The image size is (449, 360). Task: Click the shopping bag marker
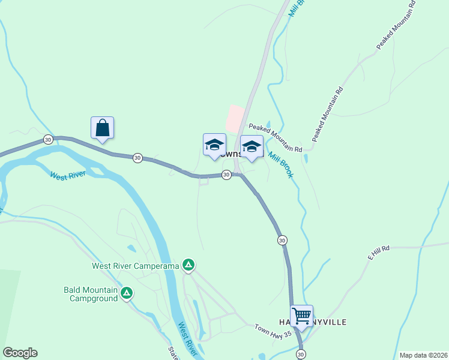click(x=102, y=128)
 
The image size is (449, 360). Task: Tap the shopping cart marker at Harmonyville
click(x=301, y=315)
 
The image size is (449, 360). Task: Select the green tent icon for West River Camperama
click(x=188, y=265)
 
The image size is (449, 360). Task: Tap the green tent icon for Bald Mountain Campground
click(x=127, y=293)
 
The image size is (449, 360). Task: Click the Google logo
click(x=20, y=353)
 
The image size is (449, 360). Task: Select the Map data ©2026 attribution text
click(x=423, y=355)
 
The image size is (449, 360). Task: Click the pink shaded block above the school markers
click(x=235, y=119)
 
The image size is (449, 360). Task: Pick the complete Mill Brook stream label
click(x=281, y=163)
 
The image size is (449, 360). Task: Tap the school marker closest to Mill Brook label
click(x=252, y=146)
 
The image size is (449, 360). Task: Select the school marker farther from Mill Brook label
click(x=214, y=145)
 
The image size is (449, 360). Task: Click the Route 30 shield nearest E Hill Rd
click(x=282, y=240)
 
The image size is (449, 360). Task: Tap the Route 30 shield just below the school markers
click(x=226, y=175)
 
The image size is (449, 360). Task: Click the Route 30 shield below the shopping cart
click(x=301, y=354)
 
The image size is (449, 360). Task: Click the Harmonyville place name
click(x=313, y=322)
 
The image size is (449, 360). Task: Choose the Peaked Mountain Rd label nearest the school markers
click(x=276, y=137)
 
